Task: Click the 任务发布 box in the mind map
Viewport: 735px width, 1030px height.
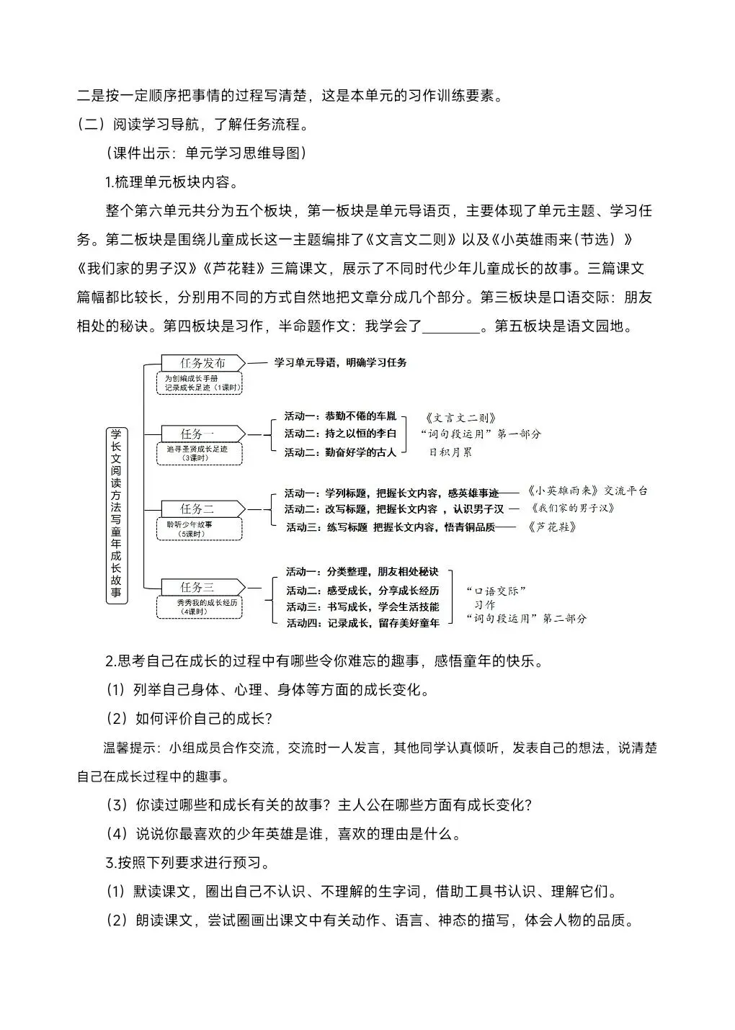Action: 202,363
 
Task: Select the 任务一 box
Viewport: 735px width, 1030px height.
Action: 197,434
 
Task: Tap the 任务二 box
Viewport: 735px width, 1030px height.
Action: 197,509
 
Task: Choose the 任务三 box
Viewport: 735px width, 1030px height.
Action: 197,587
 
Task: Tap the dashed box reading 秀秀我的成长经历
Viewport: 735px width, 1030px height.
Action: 200,606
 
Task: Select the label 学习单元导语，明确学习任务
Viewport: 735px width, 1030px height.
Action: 340,363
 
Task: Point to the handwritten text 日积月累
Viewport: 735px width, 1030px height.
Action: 451,452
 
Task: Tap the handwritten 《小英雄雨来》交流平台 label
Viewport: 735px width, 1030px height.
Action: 587,491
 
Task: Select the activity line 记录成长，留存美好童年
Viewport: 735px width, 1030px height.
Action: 362,623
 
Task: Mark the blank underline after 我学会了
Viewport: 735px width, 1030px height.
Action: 450,327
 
